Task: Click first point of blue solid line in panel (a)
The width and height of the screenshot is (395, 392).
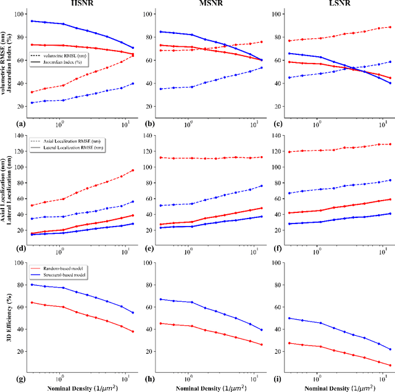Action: pos(32,21)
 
